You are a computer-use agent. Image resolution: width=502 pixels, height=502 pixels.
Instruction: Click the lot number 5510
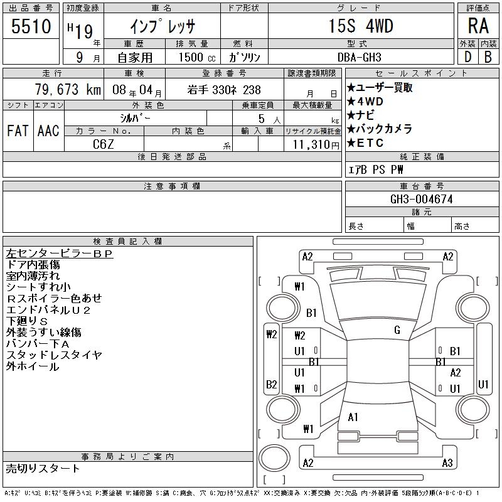coord(31,26)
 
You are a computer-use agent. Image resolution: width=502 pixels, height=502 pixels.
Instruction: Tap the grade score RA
coord(478,26)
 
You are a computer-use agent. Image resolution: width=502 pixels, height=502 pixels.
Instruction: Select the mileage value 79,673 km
coord(68,89)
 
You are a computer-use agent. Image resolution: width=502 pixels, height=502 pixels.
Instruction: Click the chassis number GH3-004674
coord(421,199)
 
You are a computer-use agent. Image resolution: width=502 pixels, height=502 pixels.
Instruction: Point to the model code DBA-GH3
coord(359,57)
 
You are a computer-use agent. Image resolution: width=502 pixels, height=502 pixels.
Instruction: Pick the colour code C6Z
coord(103,144)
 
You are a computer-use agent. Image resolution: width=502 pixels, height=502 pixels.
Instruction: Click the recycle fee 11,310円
coord(316,145)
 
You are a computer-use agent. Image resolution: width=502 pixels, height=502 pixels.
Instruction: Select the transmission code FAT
coord(18,131)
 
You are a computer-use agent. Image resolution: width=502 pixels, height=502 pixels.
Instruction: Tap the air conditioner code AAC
coord(48,131)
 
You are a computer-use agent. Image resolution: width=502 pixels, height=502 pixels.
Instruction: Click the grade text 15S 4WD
coord(361,26)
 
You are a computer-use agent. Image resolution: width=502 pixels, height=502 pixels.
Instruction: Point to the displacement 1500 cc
coord(197,57)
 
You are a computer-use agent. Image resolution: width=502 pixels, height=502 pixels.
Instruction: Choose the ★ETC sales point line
coord(365,143)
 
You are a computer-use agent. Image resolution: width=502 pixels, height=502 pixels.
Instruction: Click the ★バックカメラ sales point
coord(380,129)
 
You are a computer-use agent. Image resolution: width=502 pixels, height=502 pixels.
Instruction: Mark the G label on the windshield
coord(397,330)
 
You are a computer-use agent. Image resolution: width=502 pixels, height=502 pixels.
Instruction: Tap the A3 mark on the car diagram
coord(447,463)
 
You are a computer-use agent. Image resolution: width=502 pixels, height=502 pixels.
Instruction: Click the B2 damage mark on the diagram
coord(272,384)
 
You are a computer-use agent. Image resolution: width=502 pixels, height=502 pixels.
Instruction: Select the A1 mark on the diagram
coord(353,417)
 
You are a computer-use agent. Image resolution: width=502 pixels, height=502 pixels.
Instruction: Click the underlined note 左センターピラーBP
coord(60,254)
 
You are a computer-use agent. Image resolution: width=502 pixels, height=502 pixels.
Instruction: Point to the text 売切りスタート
coord(43,469)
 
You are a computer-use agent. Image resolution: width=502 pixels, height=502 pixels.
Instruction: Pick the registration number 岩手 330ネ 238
coord(224,90)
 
